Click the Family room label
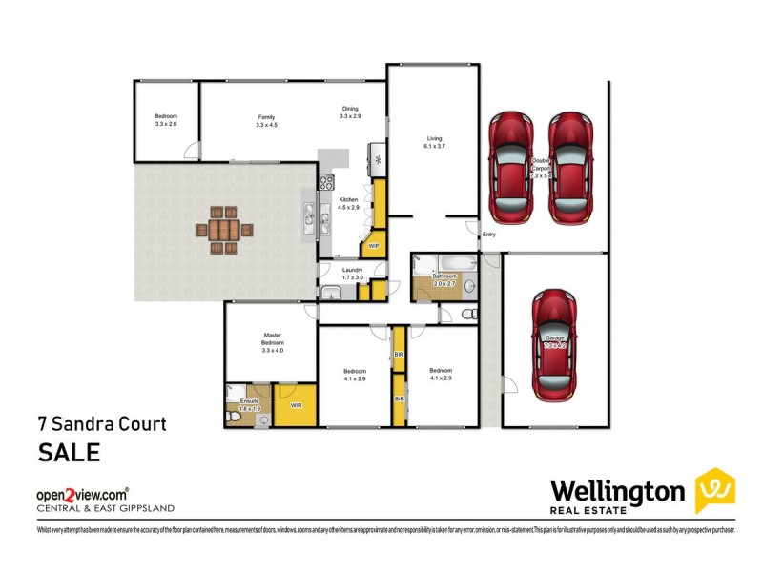pos(266,121)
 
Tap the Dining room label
pos(350,112)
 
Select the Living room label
pos(434,142)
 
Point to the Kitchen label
pos(348,202)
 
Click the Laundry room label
pos(353,274)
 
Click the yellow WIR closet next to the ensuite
pos(296,404)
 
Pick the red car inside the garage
pos(553,342)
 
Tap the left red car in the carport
pos(512,166)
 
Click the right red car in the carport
pos(570,166)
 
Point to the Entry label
pos(489,234)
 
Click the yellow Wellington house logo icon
pos(714,491)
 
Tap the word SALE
pos(69,452)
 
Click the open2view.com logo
pos(81,495)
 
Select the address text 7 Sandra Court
pos(101,423)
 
